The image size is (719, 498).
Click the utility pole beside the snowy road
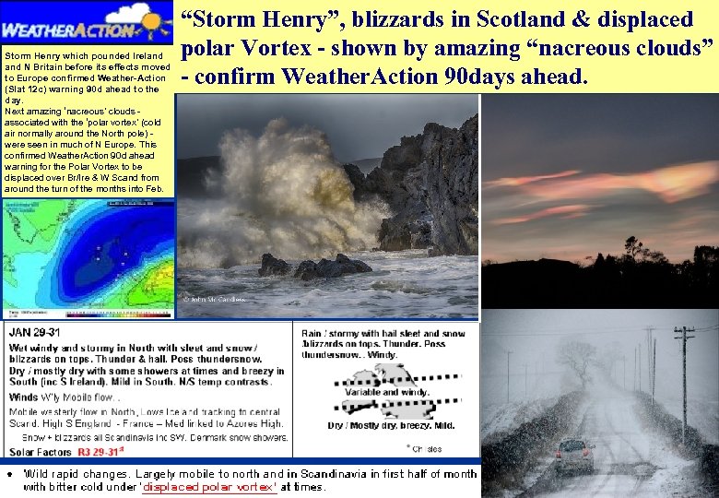682,387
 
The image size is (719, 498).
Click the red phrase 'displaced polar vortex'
209,487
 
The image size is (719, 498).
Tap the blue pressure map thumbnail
88,254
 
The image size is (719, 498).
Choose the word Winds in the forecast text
24,397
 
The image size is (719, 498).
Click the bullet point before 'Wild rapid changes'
8,474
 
